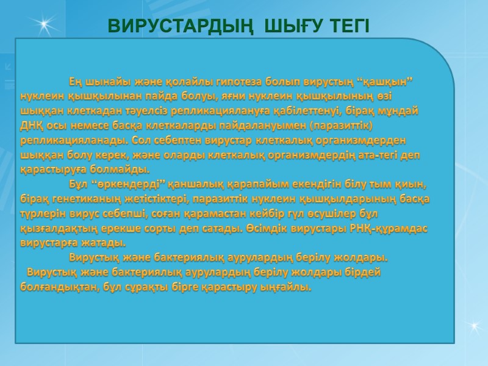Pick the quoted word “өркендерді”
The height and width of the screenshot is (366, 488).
[127, 184]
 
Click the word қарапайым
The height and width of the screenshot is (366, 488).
[258, 184]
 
